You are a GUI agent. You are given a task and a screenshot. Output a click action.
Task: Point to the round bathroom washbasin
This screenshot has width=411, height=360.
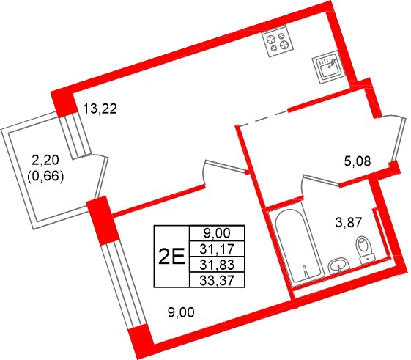(337, 266)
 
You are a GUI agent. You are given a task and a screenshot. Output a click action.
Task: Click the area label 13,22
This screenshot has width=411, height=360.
(100, 110)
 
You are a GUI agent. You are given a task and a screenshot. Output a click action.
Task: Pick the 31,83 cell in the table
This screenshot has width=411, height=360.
(216, 264)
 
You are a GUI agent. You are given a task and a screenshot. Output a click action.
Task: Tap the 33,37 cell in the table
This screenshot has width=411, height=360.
(216, 279)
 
